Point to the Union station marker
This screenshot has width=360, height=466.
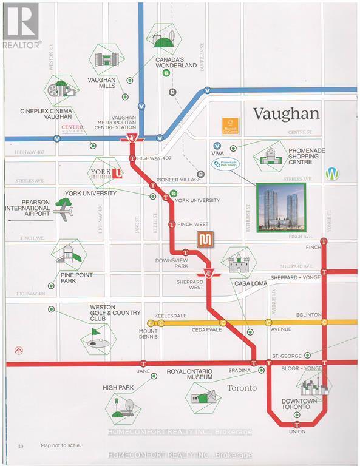297,424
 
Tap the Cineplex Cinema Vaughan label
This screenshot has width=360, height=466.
46,114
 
